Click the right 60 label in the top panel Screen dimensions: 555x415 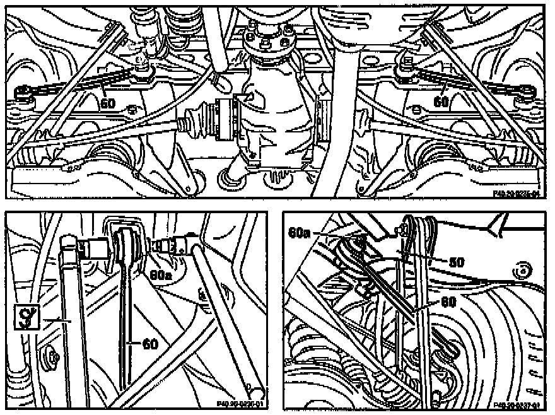440,101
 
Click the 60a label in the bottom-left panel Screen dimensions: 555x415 162,276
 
